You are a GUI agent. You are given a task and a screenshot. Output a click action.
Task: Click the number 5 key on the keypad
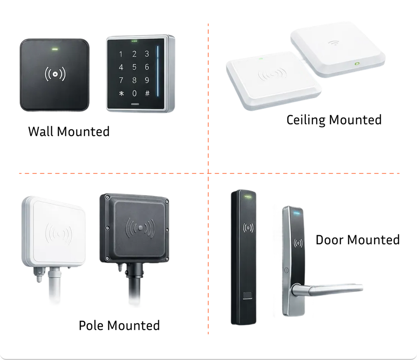point(134,67)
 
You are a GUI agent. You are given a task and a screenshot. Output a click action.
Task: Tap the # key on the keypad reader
point(147,93)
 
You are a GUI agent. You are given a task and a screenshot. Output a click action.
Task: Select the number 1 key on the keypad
point(121,54)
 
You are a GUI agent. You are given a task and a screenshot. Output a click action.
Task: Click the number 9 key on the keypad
point(147,80)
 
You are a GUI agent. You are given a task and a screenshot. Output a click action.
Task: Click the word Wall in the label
point(41,132)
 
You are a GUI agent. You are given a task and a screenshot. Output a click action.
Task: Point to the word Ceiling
point(306,120)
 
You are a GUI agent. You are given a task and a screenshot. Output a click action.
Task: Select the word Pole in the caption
point(92,326)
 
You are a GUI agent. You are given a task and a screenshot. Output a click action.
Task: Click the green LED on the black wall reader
point(54,50)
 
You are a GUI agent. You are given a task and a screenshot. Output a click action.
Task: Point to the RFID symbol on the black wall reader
point(55,75)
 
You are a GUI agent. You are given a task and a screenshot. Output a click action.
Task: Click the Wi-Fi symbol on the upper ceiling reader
point(334,42)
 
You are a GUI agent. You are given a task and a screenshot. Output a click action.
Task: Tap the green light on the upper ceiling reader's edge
point(357,64)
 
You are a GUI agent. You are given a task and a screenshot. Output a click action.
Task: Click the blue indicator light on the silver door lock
point(296,212)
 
